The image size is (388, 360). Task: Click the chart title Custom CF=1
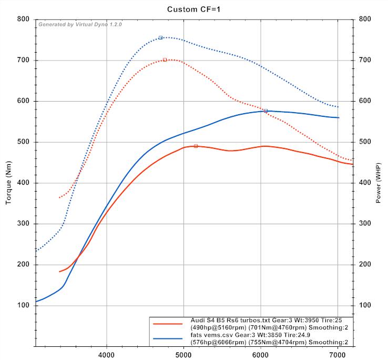(194, 9)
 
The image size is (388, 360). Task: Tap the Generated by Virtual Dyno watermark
(80, 25)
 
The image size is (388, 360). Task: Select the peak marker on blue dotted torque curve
(160, 37)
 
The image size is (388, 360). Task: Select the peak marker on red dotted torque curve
(165, 60)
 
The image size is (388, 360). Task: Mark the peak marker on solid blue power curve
(266, 111)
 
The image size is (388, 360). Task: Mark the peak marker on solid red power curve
(196, 146)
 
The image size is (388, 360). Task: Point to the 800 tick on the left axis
(23, 19)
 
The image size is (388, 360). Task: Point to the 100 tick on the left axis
(23, 305)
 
